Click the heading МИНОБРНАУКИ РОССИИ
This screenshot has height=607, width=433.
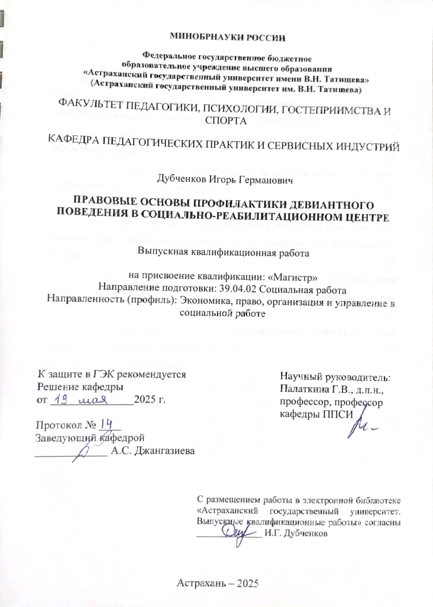tap(228, 37)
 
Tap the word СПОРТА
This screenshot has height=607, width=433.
tap(225, 121)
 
